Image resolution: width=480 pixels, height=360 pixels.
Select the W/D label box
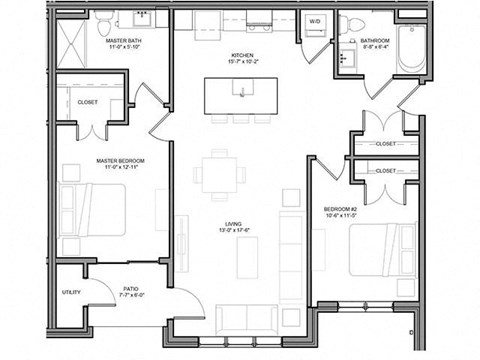[x=315, y=21]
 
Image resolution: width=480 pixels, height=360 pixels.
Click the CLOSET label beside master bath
[x=87, y=101]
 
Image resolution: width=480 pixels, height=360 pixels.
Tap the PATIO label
[x=130, y=287]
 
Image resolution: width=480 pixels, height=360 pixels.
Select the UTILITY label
[x=71, y=293]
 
